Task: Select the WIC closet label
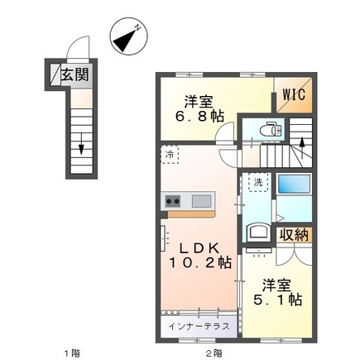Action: [x=294, y=94]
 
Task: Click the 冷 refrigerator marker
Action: [x=170, y=154]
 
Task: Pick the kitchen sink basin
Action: [x=202, y=201]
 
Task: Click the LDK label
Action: [x=198, y=247]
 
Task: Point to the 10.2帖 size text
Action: [x=199, y=266]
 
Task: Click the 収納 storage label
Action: [x=294, y=235]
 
